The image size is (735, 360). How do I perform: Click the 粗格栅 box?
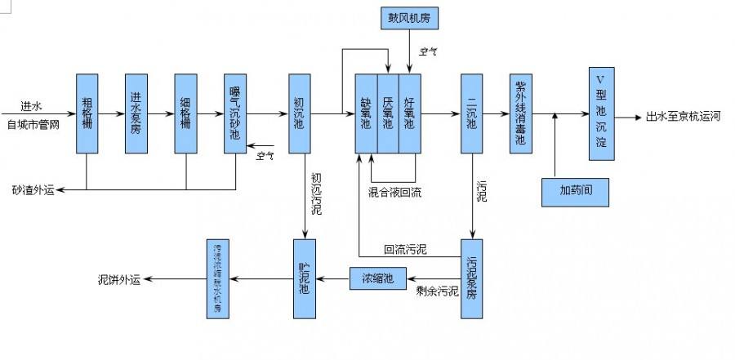[x=87, y=113]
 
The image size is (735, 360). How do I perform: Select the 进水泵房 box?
[x=136, y=113]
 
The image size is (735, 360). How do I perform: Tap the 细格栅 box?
[x=186, y=113]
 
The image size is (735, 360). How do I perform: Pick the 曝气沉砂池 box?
[x=235, y=113]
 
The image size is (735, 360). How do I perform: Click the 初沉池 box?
[x=299, y=113]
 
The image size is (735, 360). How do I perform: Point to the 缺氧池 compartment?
[x=366, y=113]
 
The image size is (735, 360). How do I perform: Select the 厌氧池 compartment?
[x=387, y=113]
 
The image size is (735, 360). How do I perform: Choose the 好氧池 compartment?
[x=408, y=113]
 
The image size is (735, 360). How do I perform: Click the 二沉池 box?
[x=472, y=113]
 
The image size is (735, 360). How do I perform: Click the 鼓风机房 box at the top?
[x=408, y=16]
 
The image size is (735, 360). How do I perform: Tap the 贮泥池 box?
[x=304, y=278]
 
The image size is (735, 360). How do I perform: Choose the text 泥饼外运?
[x=119, y=280]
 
